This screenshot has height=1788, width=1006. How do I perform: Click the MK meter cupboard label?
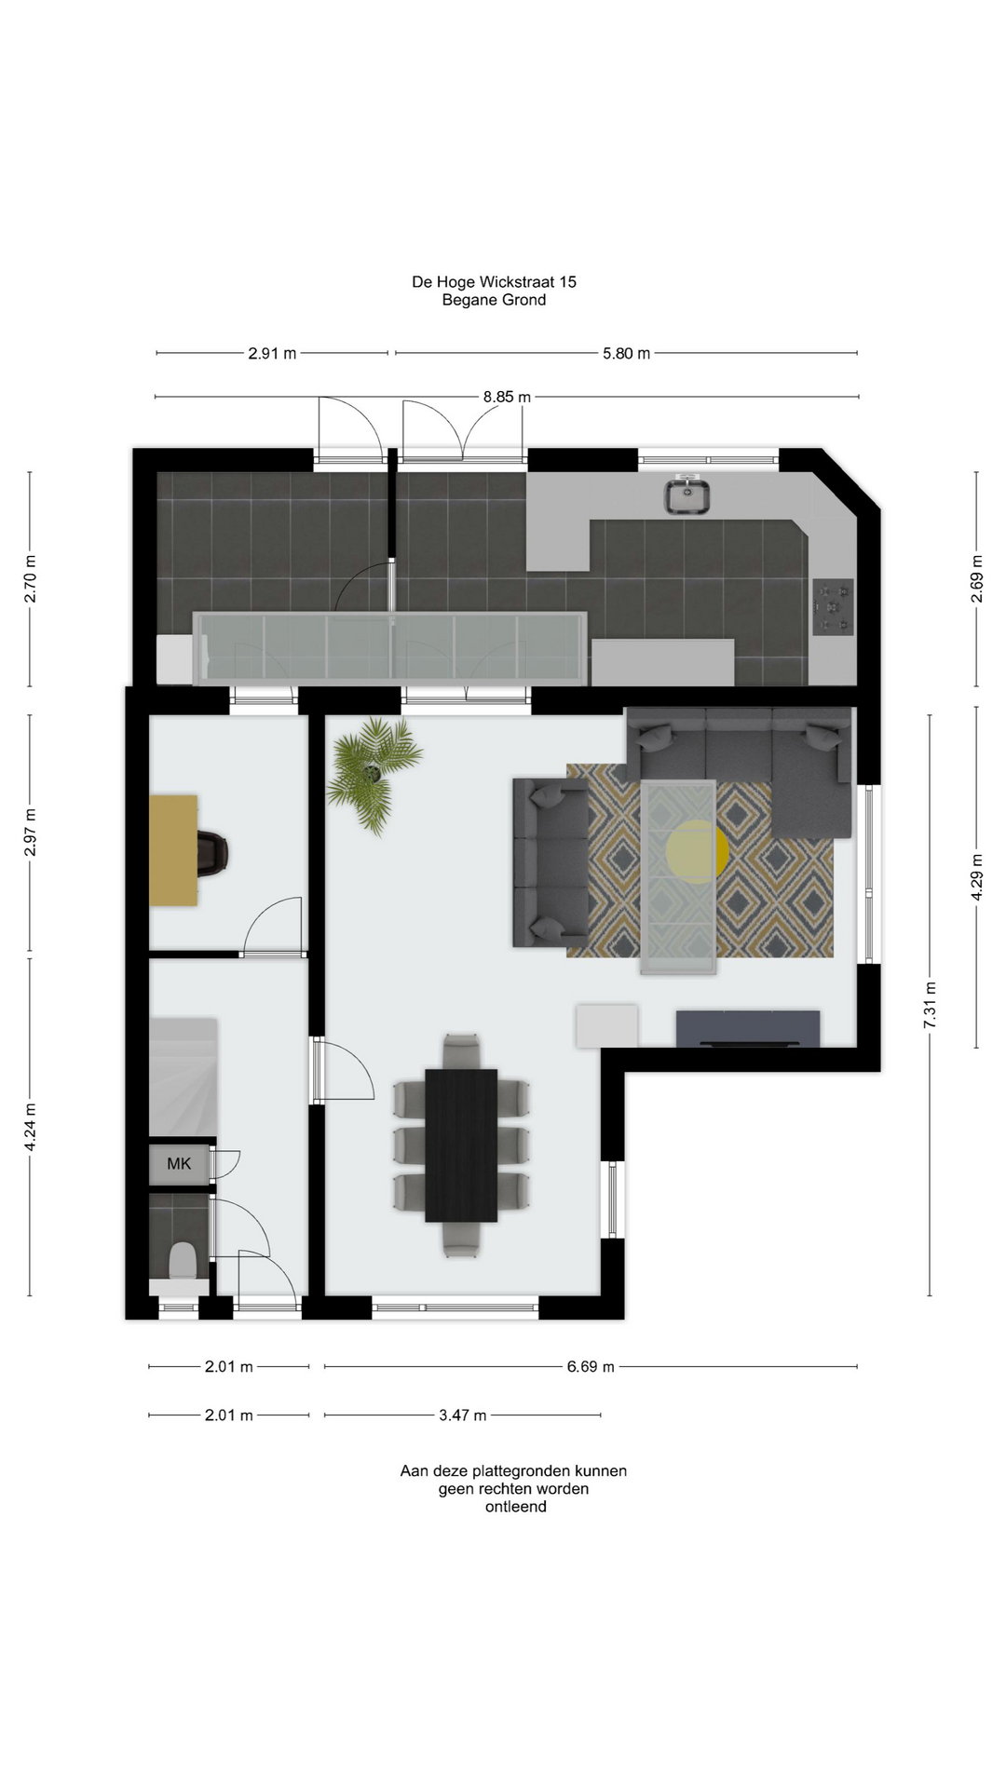(x=179, y=1163)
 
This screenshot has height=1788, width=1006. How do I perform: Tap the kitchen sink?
(x=687, y=495)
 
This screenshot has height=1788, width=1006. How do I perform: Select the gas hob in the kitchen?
(x=833, y=607)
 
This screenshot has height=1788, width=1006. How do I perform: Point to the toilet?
(x=182, y=1262)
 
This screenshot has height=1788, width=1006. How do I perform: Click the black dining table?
(x=461, y=1145)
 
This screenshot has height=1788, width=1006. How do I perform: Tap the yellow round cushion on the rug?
(x=698, y=851)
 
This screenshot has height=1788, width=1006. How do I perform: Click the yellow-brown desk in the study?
(x=174, y=849)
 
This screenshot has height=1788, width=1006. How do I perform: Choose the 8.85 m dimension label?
(x=507, y=397)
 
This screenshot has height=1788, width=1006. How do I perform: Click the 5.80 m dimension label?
(x=626, y=353)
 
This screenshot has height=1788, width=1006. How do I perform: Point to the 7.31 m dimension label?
(x=930, y=1005)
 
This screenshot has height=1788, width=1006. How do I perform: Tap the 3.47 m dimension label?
(x=463, y=1415)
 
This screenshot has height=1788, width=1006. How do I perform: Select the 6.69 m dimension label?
(x=591, y=1367)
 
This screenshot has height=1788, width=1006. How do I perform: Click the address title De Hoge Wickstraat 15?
(x=494, y=281)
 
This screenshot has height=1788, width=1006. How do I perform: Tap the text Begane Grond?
(x=494, y=300)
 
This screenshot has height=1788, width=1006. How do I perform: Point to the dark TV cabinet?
(x=748, y=1028)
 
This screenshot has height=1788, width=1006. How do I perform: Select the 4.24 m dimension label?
(x=30, y=1127)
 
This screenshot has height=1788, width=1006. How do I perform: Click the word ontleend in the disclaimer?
(x=515, y=1507)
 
